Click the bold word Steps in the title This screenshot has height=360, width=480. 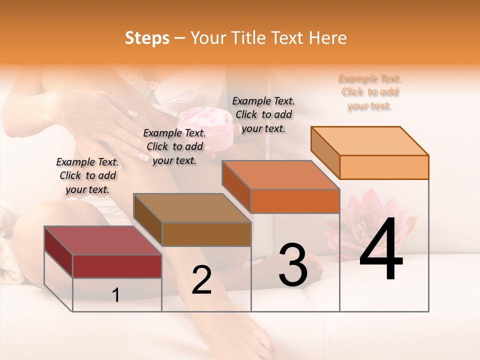point(147,38)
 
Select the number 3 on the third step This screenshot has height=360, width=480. point(292,264)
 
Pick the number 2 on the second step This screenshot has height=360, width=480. point(201,280)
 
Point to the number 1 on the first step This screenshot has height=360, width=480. point(116,295)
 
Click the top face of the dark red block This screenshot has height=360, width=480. point(102,240)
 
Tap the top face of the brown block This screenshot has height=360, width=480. point(192,207)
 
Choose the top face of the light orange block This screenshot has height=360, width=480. point(370,140)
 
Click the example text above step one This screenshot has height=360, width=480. point(87,175)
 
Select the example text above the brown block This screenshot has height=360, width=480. point(174,146)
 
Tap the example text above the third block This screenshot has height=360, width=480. point(263,114)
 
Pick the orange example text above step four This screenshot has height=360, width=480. point(370,92)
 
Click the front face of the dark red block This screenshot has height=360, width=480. point(117,266)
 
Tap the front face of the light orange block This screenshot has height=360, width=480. point(384,167)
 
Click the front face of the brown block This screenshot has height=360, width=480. point(206,234)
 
